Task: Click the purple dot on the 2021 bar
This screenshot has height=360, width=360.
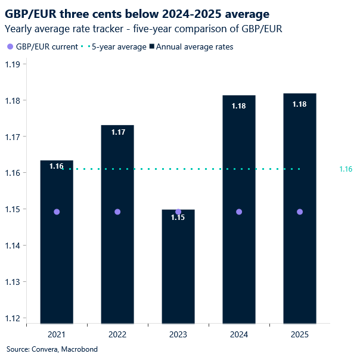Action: [57, 212]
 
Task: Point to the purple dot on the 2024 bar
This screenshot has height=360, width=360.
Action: [239, 212]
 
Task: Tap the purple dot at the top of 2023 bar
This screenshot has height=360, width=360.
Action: [178, 212]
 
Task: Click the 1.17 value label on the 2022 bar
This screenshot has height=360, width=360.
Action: [117, 132]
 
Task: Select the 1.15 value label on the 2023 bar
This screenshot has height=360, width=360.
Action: [178, 218]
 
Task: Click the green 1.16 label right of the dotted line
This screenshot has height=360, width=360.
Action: [346, 169]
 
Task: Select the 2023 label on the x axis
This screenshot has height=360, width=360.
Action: [178, 335]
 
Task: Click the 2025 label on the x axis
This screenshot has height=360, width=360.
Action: [300, 335]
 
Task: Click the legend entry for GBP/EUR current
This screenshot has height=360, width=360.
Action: [45, 47]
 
